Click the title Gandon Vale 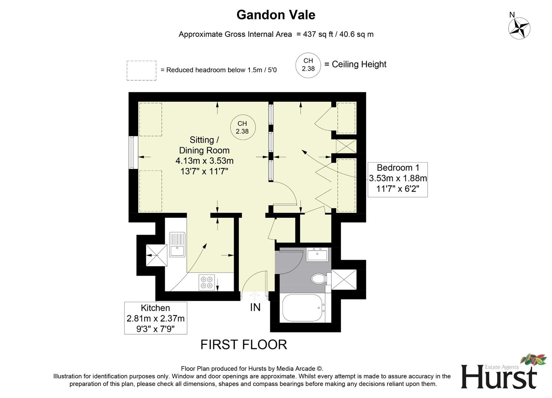click(x=276, y=15)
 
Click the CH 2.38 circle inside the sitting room click(x=242, y=128)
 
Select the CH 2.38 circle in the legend click(x=308, y=65)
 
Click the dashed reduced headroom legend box click(x=141, y=70)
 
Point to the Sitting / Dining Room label click(x=204, y=145)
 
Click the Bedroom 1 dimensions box click(x=398, y=179)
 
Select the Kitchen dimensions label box click(x=155, y=318)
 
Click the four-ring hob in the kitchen click(x=207, y=282)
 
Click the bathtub click(x=303, y=308)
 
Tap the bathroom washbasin click(x=317, y=254)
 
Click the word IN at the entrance click(x=255, y=307)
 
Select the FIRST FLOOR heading click(x=244, y=345)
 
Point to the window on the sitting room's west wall click(x=131, y=153)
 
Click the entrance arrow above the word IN click(x=255, y=295)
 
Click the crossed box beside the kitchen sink click(x=156, y=255)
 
